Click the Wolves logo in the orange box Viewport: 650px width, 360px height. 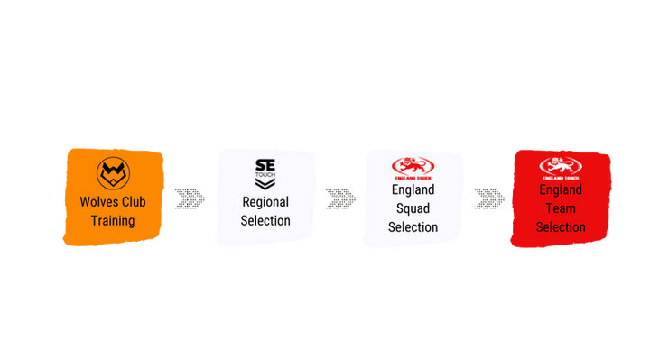pyautogui.click(x=113, y=173)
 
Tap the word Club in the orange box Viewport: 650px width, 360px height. pyautogui.click(x=133, y=202)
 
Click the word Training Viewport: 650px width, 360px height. pyautogui.click(x=113, y=221)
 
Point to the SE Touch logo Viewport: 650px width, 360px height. pyautogui.click(x=265, y=174)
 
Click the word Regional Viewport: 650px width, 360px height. pyautogui.click(x=265, y=202)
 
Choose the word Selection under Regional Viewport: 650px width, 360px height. pyautogui.click(x=265, y=221)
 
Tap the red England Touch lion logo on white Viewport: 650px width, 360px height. pyautogui.click(x=413, y=168)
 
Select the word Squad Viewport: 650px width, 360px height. pyautogui.click(x=413, y=208)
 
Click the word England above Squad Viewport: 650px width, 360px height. pyautogui.click(x=413, y=189)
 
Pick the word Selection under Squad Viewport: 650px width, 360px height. pyautogui.click(x=413, y=227)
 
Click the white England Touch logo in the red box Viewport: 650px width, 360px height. pyautogui.click(x=561, y=168)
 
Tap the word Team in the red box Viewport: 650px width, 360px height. pyautogui.click(x=561, y=208)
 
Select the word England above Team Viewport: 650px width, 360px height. pyautogui.click(x=561, y=189)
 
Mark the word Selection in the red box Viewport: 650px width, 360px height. pyautogui.click(x=561, y=227)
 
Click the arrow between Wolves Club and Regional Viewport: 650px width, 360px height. pyautogui.click(x=190, y=198)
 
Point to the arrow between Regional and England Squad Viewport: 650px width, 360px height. pyautogui.click(x=340, y=198)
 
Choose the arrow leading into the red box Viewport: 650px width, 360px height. pyautogui.click(x=489, y=198)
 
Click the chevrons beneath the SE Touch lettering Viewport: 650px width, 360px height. pyautogui.click(x=265, y=184)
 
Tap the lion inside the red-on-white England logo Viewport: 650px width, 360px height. pyautogui.click(x=413, y=166)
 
